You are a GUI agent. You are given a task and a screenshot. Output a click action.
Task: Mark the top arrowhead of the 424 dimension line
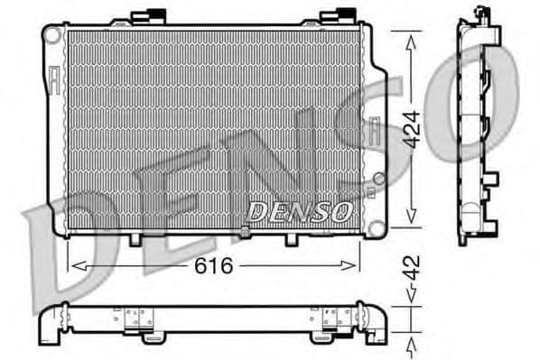point(411,36)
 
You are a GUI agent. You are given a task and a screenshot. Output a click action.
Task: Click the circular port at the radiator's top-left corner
point(52,35)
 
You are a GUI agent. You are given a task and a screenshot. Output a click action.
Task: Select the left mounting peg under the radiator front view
point(136,238)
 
